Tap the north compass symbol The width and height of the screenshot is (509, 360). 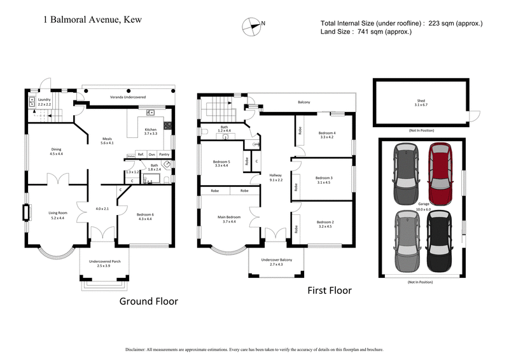(x=253, y=25)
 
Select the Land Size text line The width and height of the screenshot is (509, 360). (x=366, y=32)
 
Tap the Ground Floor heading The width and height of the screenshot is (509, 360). (x=148, y=301)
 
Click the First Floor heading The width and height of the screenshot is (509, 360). (x=330, y=291)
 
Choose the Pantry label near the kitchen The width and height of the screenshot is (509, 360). (x=164, y=155)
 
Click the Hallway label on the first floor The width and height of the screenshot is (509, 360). (x=275, y=177)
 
